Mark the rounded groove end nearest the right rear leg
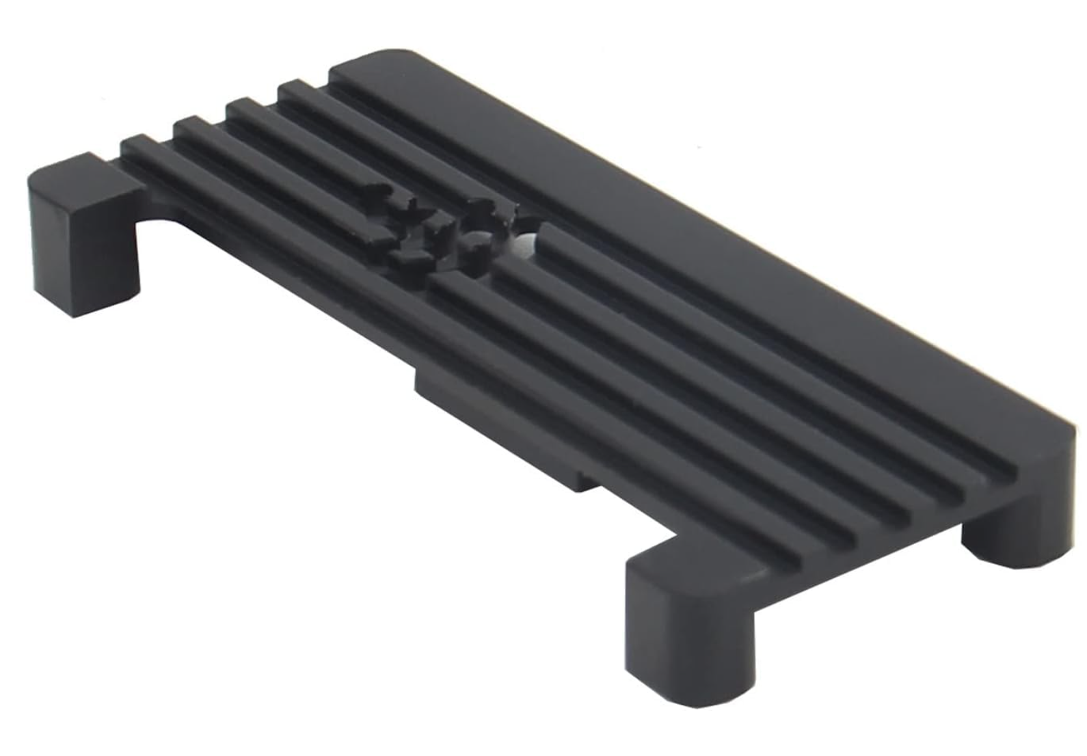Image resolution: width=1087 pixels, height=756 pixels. tap(1012, 472)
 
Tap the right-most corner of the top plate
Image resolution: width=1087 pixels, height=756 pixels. tap(1073, 437)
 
